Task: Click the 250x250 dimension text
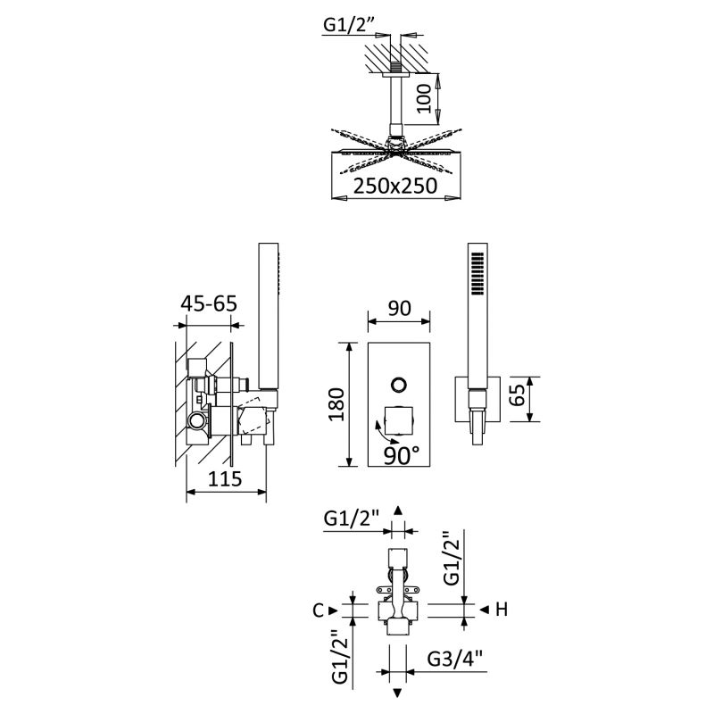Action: [395, 186]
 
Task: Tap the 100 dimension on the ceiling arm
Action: [423, 98]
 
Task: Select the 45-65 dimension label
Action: [209, 303]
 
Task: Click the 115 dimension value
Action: [225, 478]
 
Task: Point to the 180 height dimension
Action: [337, 404]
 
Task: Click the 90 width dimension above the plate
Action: [399, 308]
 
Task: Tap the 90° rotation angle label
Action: [401, 455]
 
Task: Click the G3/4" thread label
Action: [455, 659]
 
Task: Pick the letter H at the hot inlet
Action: [501, 610]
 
